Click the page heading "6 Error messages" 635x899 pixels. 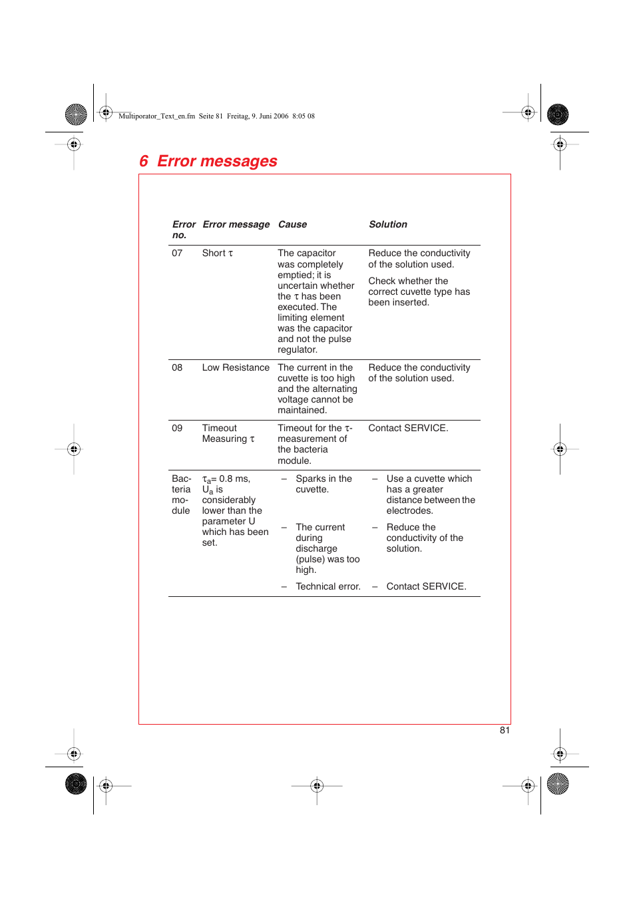(208, 162)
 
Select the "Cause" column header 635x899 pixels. (292, 225)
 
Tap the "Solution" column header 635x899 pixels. (388, 225)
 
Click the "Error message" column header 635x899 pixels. (236, 225)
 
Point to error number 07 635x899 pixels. (177, 254)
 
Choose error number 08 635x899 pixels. (177, 368)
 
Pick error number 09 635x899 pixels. (177, 429)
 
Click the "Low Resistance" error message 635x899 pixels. (236, 368)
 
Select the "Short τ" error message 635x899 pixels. (218, 254)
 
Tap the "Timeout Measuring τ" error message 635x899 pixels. (228, 434)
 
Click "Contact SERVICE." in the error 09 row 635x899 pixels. (408, 429)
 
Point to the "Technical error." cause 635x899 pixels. (327, 587)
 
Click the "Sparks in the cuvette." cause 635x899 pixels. (323, 484)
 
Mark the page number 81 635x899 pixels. (505, 731)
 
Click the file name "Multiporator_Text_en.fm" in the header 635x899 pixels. (156, 116)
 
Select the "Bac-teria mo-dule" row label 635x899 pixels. (181, 495)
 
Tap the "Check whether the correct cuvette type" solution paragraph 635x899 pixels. (419, 292)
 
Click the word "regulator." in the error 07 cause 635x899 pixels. (298, 350)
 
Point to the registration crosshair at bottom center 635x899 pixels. (317, 786)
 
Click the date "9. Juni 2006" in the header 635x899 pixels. (270, 116)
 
